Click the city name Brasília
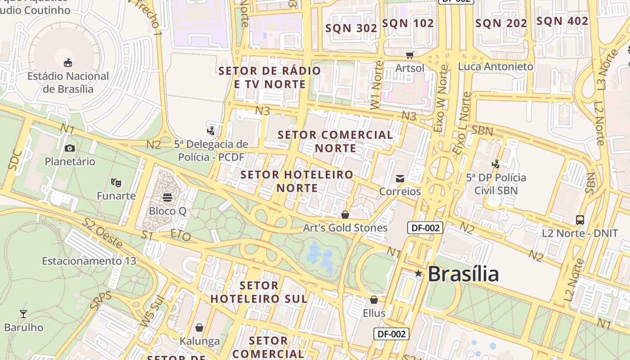[463, 274]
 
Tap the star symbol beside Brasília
[418, 273]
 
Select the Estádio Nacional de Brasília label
[68, 82]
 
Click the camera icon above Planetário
[70, 148]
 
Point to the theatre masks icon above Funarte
[116, 183]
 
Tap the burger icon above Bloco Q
[167, 198]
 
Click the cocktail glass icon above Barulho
[23, 314]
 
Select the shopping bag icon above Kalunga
[199, 328]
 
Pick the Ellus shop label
[374, 313]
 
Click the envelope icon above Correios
[400, 179]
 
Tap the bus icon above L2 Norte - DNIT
[580, 220]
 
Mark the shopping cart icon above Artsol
[409, 55]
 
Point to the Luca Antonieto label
[495, 67]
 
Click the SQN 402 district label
[562, 21]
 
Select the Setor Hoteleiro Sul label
[259, 292]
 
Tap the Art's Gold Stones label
[345, 228]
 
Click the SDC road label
[15, 159]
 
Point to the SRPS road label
[101, 300]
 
